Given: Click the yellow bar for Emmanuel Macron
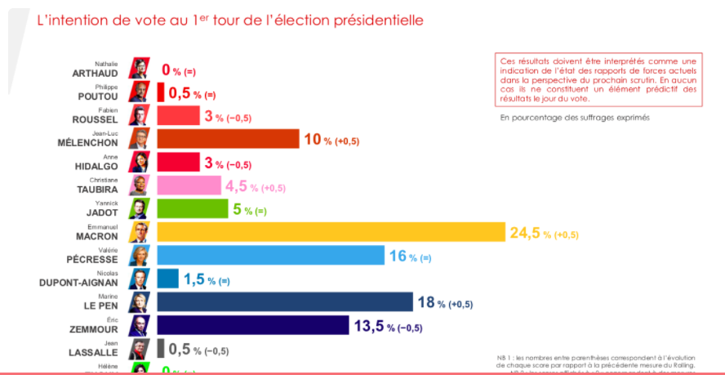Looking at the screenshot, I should [x=331, y=233].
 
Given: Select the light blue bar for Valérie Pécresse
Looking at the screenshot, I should [x=270, y=256].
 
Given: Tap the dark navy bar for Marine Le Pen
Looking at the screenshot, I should [x=285, y=302].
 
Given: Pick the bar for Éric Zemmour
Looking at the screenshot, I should [x=253, y=326].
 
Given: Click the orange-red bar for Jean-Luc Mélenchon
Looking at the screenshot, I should [x=228, y=139].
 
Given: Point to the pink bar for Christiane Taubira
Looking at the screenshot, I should [x=189, y=185].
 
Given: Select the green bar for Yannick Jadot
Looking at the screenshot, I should [x=193, y=209].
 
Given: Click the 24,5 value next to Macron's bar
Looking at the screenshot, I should [x=527, y=234].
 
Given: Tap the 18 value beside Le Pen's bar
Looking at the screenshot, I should [x=426, y=303].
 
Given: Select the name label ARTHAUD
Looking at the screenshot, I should [x=96, y=73].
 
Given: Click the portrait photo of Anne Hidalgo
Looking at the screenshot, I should [x=140, y=162].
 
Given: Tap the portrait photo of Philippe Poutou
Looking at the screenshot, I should [x=140, y=92].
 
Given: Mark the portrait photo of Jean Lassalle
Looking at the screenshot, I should [x=140, y=349].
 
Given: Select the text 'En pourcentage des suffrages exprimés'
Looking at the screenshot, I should [x=575, y=118].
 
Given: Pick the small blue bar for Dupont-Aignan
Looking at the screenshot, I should [x=167, y=279].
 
